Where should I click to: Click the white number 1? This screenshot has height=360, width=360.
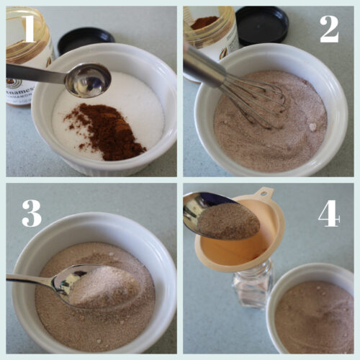tap(28, 28)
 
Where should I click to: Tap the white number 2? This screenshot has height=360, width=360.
tap(329, 28)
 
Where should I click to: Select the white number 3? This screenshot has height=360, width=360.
tap(31, 214)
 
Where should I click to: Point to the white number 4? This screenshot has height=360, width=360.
tap(329, 213)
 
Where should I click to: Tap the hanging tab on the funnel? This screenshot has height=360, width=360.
tap(266, 194)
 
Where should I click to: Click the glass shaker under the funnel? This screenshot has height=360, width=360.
tap(252, 288)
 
